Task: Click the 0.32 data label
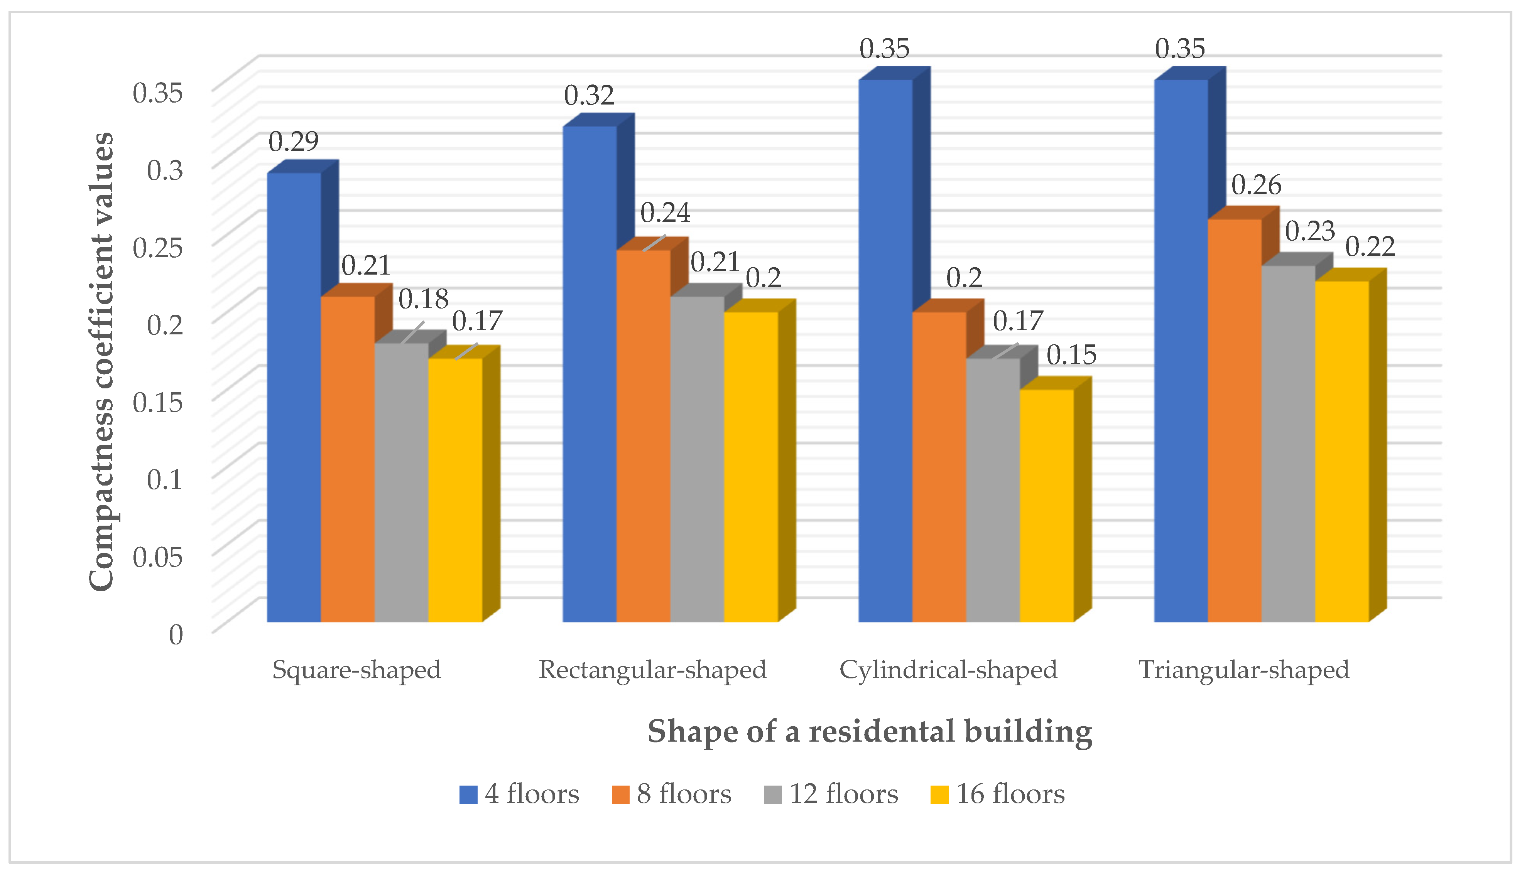coord(589,95)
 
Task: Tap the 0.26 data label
coord(1256,185)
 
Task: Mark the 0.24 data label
coord(665,212)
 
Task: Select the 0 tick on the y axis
coord(175,634)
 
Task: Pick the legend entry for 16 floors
coord(998,794)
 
